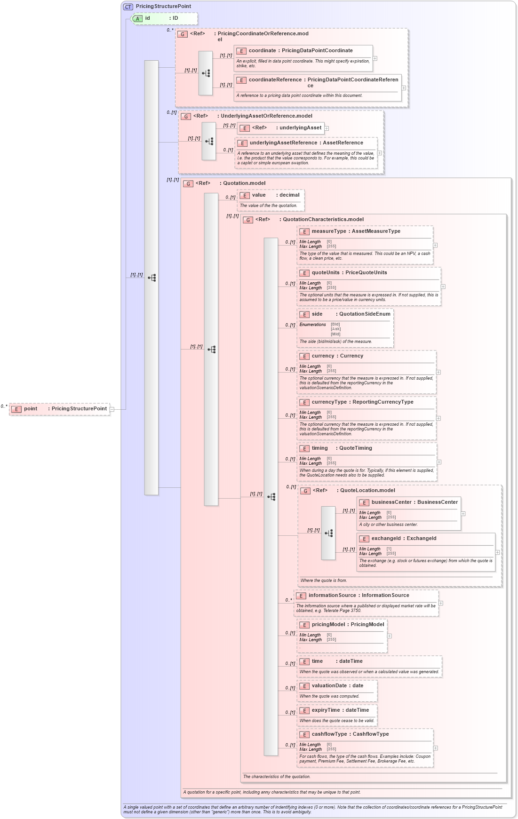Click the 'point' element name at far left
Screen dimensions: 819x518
point(31,409)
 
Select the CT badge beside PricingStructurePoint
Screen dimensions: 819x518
point(128,7)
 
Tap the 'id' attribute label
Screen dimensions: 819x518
point(147,18)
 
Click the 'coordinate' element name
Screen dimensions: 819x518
point(262,51)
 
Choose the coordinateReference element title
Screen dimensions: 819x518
point(275,80)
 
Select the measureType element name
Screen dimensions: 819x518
point(328,231)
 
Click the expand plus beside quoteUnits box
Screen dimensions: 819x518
point(443,286)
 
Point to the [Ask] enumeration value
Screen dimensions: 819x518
point(335,329)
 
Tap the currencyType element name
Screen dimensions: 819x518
point(329,402)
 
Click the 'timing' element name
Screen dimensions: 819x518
point(319,448)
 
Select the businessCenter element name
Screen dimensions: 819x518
point(391,502)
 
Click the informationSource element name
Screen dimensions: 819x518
point(332,596)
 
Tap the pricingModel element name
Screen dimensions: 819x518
point(328,625)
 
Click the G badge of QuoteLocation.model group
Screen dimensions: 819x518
point(305,491)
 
